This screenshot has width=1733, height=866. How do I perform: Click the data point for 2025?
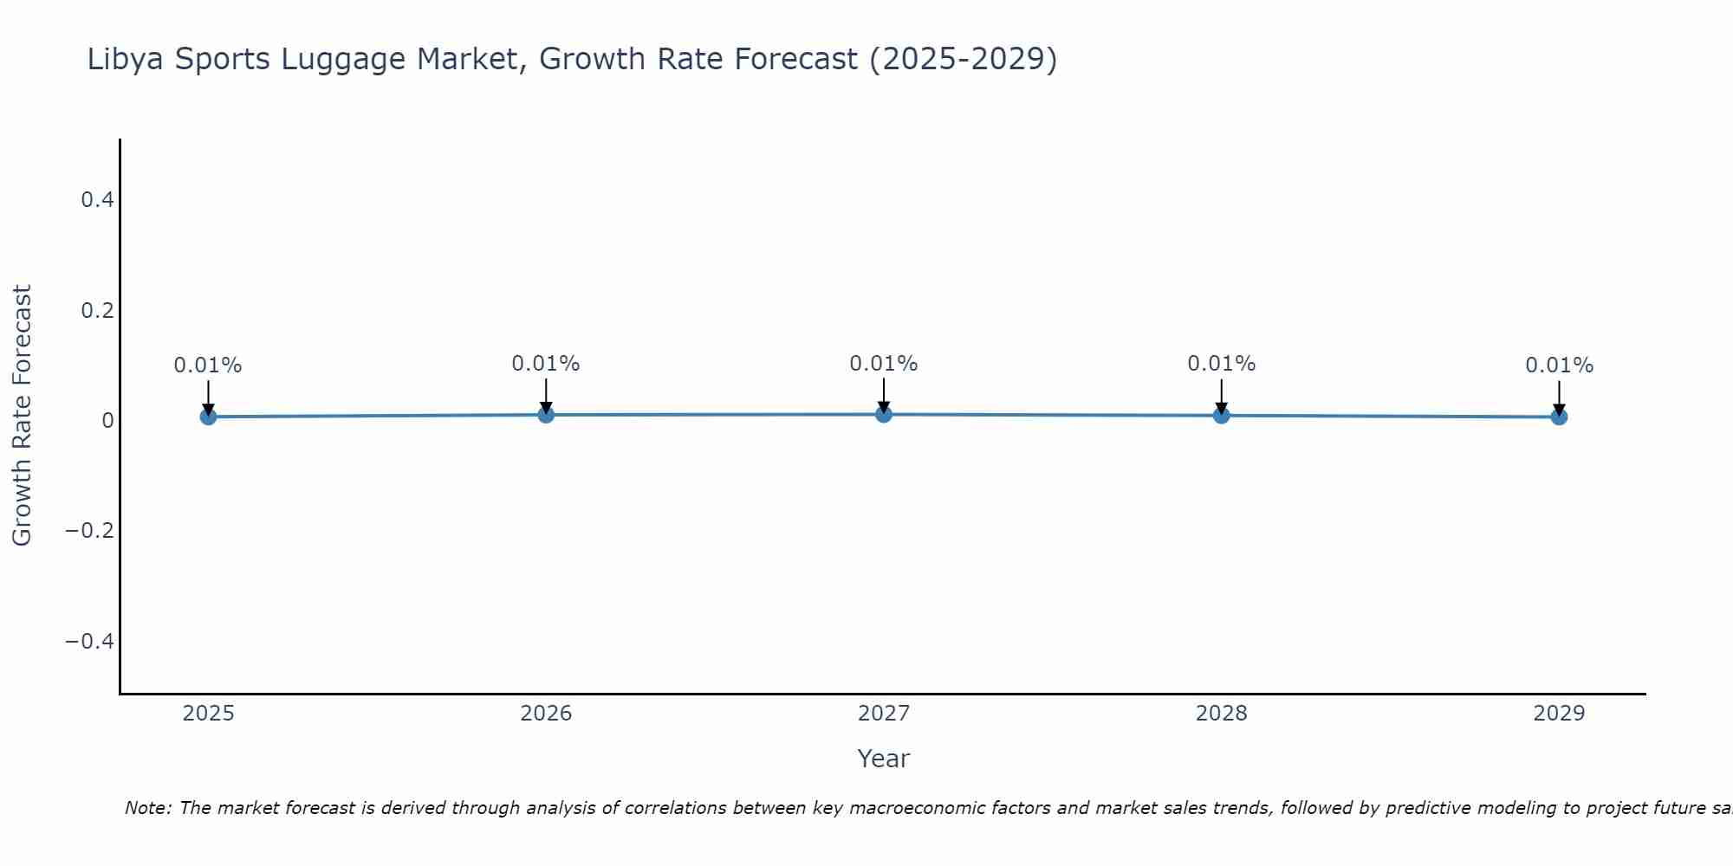pos(208,417)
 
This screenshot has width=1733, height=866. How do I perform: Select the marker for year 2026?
pos(546,415)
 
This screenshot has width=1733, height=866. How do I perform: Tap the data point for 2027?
pos(884,414)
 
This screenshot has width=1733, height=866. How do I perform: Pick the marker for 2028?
pos(1222,415)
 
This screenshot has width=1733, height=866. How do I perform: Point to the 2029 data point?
pos(1559,417)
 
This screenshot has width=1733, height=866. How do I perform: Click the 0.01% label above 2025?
pos(208,365)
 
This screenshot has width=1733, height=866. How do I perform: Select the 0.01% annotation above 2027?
pos(884,364)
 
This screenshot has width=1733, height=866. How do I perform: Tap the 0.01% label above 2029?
pos(1559,365)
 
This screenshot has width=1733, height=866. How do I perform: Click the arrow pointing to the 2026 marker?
pos(546,394)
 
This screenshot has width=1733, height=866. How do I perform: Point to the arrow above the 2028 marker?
pos(1222,394)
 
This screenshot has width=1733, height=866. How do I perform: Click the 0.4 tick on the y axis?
pos(97,200)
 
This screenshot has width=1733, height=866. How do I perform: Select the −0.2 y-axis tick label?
pos(90,530)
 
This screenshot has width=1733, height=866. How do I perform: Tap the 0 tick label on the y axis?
pos(107,420)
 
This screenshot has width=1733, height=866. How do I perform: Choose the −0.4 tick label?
pos(90,641)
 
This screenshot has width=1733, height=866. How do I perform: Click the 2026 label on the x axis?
pos(546,714)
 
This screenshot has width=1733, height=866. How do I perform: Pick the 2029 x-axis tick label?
pos(1559,714)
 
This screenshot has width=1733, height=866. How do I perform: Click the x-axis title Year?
pos(883,759)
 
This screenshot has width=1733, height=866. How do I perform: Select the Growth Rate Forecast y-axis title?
pos(23,416)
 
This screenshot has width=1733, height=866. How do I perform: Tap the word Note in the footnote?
pos(148,808)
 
